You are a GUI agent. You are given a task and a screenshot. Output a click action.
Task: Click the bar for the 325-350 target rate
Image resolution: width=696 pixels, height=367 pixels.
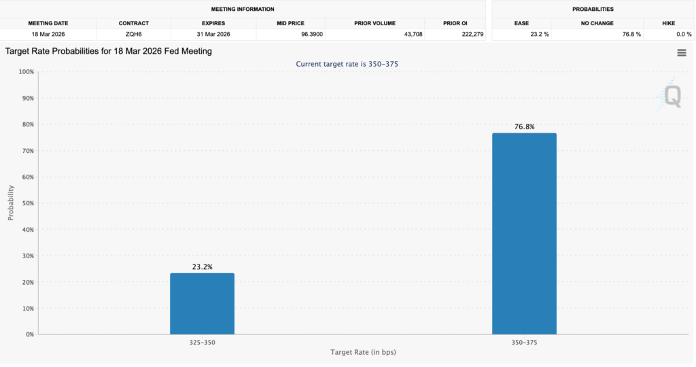click(202, 304)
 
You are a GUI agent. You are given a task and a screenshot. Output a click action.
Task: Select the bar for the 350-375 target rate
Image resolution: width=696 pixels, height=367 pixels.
click(524, 234)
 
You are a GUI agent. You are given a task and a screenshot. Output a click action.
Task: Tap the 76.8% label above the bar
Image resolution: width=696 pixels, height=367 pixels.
click(524, 126)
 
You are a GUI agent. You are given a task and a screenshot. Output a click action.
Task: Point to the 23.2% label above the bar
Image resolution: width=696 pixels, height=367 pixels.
click(202, 267)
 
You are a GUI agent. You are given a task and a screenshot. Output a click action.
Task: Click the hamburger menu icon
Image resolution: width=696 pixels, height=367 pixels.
click(681, 53)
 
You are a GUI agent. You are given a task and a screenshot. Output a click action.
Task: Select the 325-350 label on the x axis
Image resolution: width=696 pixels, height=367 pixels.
click(202, 343)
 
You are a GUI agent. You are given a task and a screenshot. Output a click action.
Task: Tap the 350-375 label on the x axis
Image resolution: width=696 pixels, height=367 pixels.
click(524, 343)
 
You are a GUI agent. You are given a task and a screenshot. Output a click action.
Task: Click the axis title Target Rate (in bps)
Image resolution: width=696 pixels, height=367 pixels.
click(363, 353)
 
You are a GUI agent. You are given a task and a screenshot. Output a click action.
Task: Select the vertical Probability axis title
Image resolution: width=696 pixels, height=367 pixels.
click(11, 203)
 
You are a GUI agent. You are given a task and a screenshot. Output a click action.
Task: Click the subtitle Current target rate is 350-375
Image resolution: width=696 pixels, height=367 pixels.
click(351, 64)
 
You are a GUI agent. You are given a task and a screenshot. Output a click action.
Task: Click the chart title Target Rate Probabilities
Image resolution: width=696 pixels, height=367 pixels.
click(109, 51)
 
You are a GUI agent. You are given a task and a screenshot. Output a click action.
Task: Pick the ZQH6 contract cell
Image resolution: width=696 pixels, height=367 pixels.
click(133, 34)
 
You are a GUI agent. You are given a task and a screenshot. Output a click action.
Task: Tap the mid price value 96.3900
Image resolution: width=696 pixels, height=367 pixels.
click(290, 34)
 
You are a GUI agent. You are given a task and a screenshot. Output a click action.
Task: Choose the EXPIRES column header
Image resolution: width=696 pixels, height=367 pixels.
click(213, 23)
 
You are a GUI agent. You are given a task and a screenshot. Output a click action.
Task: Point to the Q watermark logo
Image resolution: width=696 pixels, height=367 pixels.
click(672, 96)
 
